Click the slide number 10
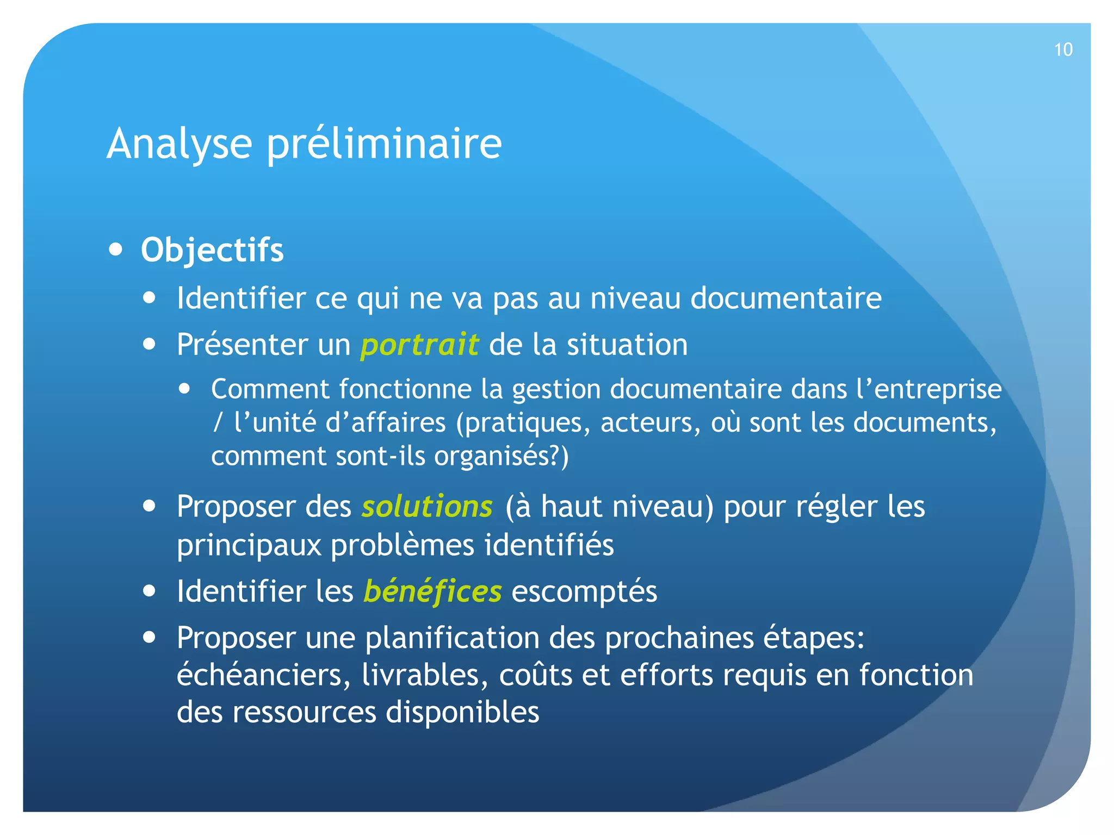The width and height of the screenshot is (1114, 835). (x=1063, y=50)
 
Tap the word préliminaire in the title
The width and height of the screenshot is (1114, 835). (x=384, y=144)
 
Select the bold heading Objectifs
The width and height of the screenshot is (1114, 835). (x=212, y=250)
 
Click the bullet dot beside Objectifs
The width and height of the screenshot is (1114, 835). (x=115, y=250)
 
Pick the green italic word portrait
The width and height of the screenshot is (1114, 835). (x=419, y=345)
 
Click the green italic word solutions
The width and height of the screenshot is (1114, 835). (x=427, y=507)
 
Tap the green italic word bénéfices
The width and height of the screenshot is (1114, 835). (x=432, y=591)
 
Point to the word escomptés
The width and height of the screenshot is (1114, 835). (x=584, y=591)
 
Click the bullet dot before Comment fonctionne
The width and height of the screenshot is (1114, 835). (x=185, y=389)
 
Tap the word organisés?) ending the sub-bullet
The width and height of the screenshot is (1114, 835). (x=501, y=456)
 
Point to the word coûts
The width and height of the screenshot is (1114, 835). (x=535, y=675)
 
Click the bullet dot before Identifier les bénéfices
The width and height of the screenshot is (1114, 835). (x=150, y=591)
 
